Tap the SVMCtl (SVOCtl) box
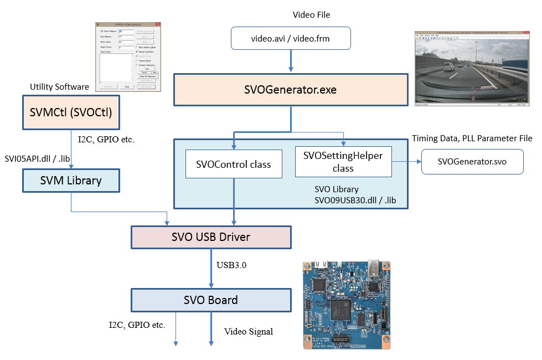71,112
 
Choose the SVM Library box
71,181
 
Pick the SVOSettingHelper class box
343,161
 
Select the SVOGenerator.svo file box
472,162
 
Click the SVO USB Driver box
210,237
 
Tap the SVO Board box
210,300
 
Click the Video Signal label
249,332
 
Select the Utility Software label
59,87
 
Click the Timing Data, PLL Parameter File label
472,138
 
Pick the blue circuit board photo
345,304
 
